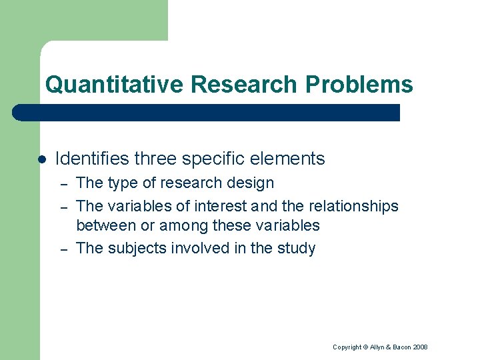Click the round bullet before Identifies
pyautogui.click(x=41, y=159)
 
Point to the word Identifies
pyautogui.click(x=92, y=159)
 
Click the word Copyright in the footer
pyautogui.click(x=347, y=347)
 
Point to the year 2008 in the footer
pyautogui.click(x=420, y=347)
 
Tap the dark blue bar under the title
pyautogui.click(x=207, y=113)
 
